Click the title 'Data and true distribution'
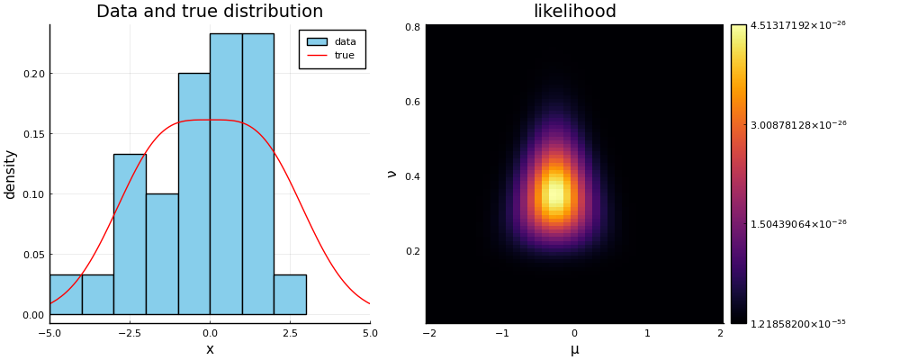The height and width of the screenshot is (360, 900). coord(209,12)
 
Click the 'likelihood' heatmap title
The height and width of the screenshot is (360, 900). coord(574,12)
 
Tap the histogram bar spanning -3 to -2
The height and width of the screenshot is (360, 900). coord(130,234)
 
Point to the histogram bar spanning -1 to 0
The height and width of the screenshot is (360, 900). coord(193,193)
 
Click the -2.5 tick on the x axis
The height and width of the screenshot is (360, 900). coord(130,333)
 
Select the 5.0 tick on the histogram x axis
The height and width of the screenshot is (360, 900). coord(369,333)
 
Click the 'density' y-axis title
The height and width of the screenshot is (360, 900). coord(11,174)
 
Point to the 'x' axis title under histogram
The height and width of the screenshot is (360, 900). coord(210,349)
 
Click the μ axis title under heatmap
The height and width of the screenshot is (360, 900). coord(574,349)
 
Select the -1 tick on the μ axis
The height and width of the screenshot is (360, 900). coord(500,333)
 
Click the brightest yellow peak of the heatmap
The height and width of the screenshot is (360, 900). coord(556,193)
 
